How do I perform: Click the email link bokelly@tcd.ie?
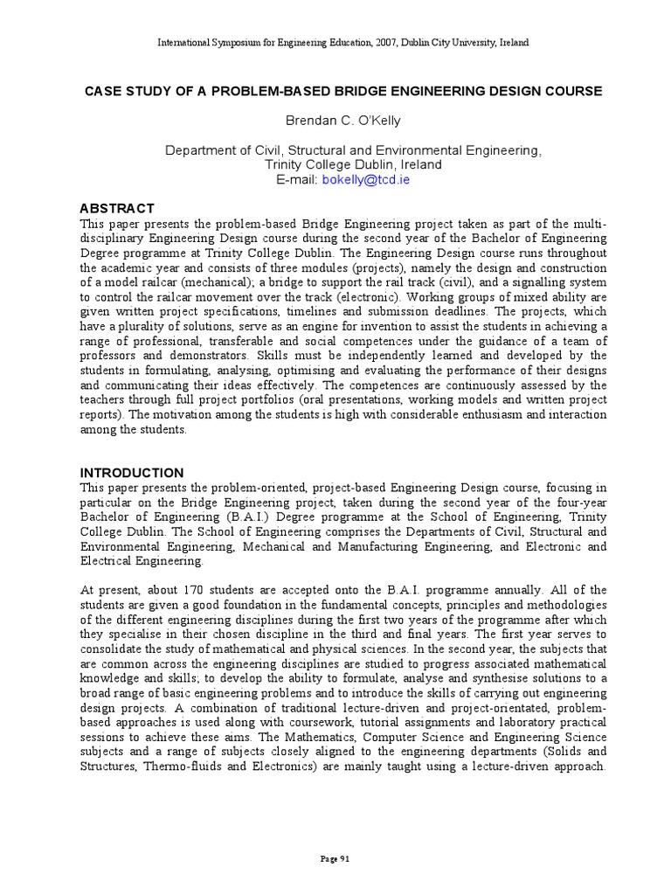pyautogui.click(x=366, y=179)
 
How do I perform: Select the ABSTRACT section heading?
pyautogui.click(x=117, y=208)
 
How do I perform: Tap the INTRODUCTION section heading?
pyautogui.click(x=132, y=473)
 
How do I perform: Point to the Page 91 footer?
pyautogui.click(x=335, y=859)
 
